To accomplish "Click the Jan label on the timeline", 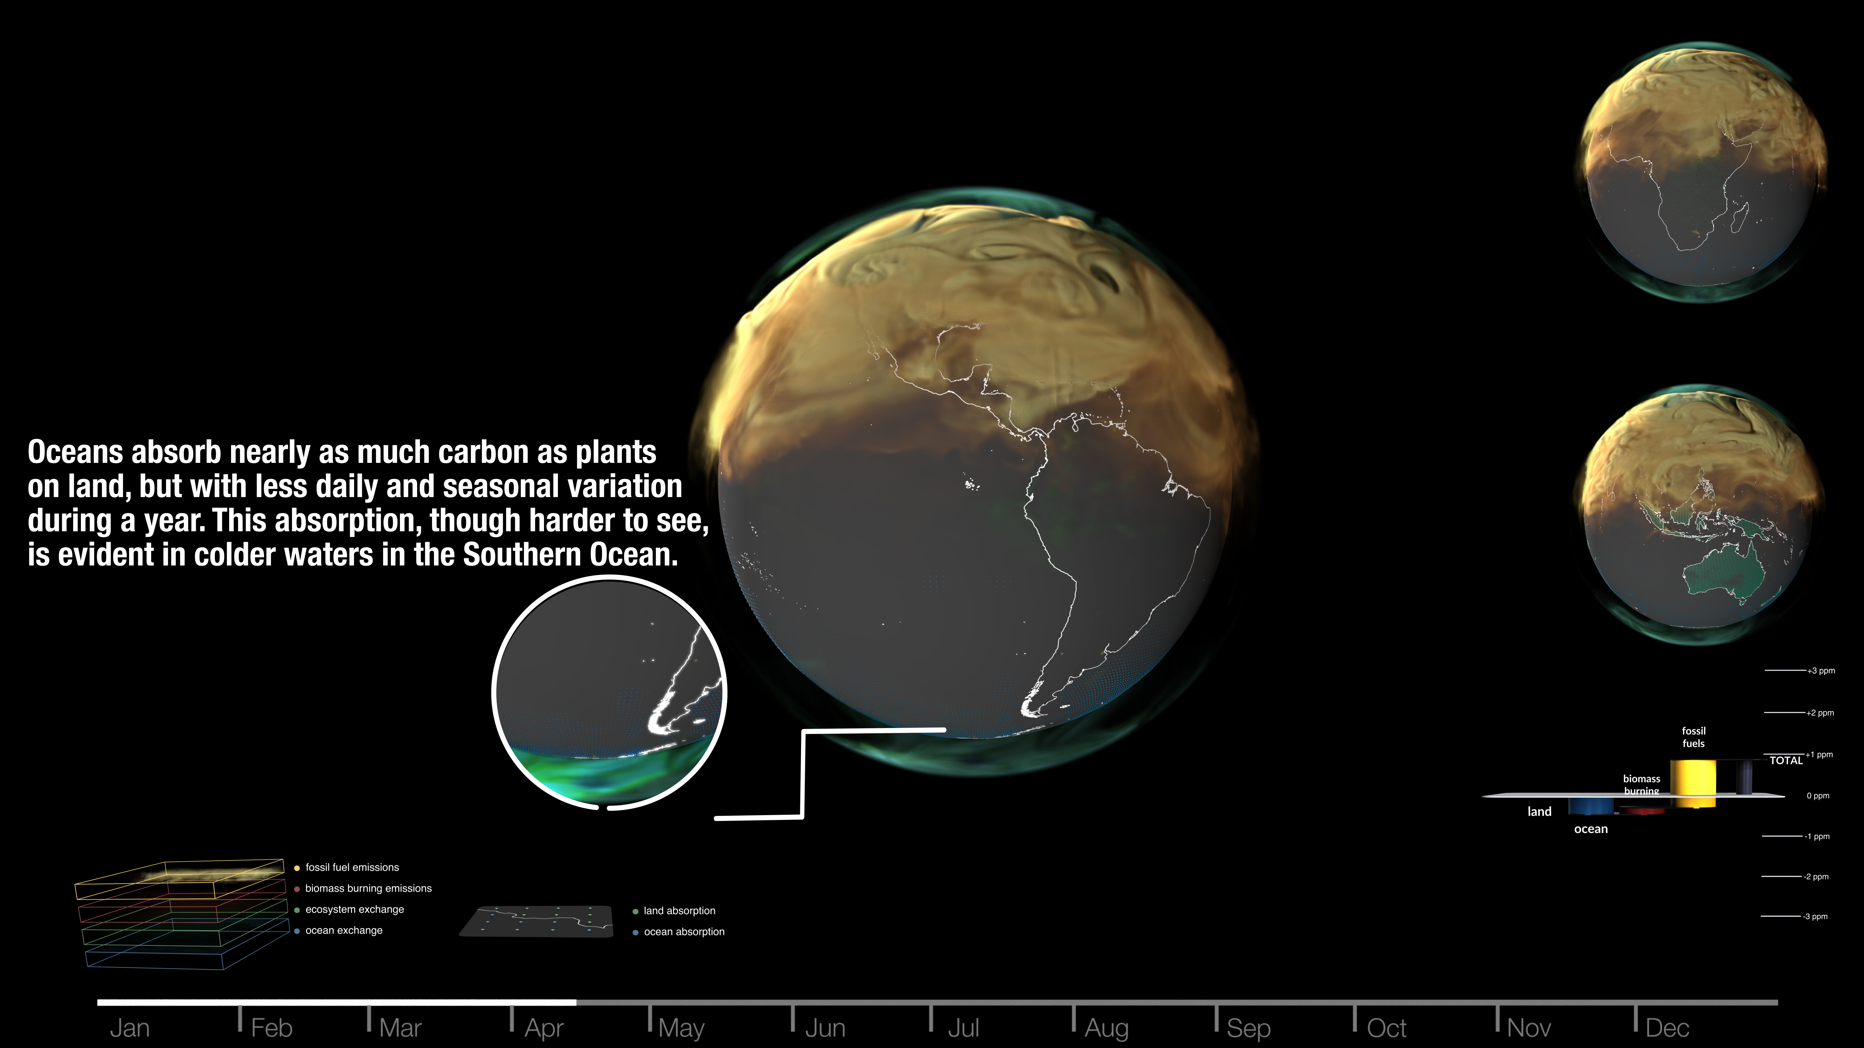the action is [x=129, y=1028].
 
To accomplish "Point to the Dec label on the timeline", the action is [x=1667, y=1028].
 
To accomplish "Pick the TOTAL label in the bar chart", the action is [x=1786, y=760].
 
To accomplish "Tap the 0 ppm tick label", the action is [x=1818, y=796].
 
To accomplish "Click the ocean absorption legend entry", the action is [x=679, y=932].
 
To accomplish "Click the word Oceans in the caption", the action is [x=75, y=452].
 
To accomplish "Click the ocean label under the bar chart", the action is [x=1591, y=829].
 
